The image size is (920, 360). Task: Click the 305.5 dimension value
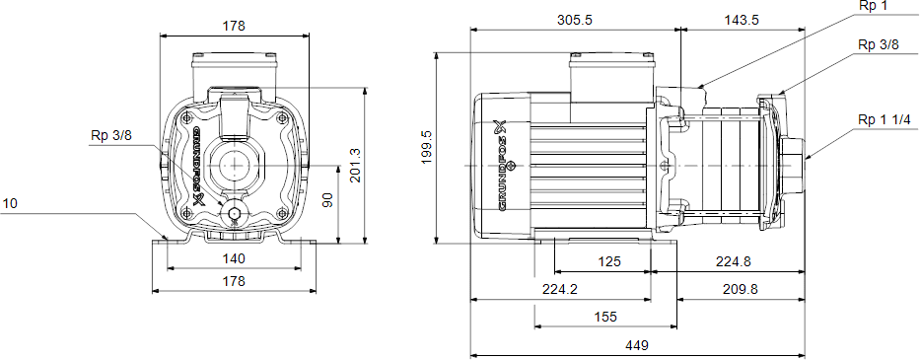[575, 20]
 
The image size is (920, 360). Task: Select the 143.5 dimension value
[742, 20]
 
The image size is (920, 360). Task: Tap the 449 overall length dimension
[637, 345]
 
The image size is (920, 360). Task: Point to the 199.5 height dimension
[428, 147]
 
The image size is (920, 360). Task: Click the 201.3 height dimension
[355, 165]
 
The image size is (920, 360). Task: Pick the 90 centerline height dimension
[328, 199]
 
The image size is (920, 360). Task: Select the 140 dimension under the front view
[234, 258]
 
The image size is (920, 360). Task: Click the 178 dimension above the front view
[234, 26]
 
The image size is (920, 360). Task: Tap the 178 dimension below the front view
[234, 281]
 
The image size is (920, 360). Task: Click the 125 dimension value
[609, 262]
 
